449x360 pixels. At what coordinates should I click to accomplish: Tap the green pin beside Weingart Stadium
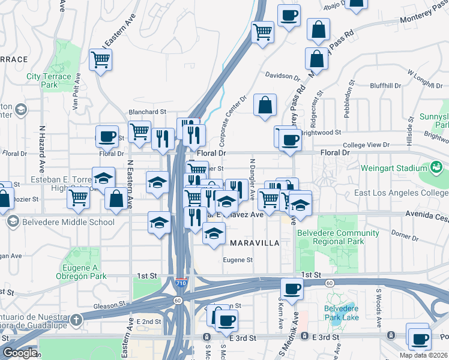point(436,166)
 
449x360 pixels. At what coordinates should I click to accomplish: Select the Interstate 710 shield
point(181,281)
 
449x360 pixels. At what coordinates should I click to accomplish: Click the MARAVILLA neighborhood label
point(255,243)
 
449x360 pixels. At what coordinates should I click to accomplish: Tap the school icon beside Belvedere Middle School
point(13,222)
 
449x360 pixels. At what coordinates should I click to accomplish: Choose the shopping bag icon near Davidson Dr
point(265,105)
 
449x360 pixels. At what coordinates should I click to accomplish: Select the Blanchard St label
point(147,112)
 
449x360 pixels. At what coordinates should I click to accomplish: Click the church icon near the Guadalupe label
point(76,319)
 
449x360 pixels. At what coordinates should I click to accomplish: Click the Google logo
point(20,353)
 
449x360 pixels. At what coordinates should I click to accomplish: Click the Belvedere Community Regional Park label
point(340,237)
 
